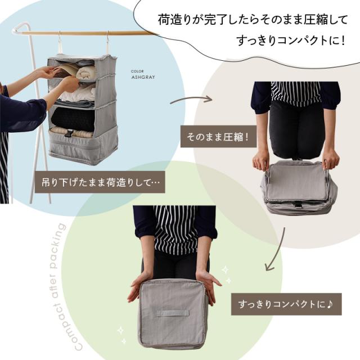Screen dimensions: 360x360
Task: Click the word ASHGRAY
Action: [x=143, y=77]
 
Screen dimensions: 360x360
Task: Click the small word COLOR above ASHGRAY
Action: [x=137, y=71]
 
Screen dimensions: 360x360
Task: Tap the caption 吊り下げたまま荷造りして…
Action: [x=100, y=183]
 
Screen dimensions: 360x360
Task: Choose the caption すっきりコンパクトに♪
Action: [x=286, y=304]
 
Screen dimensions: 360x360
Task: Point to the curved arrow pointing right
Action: [x=191, y=99]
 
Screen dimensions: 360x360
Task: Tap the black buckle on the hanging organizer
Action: [x=69, y=133]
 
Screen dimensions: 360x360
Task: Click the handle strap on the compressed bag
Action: [x=173, y=314]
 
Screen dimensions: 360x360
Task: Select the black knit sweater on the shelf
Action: [x=73, y=120]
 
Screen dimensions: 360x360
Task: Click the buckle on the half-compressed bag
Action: [x=298, y=204]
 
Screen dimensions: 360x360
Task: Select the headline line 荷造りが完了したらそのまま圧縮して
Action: [x=253, y=20]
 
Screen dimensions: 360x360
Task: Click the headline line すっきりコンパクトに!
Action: [x=291, y=40]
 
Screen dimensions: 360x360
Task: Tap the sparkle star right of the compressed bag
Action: [x=226, y=270]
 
